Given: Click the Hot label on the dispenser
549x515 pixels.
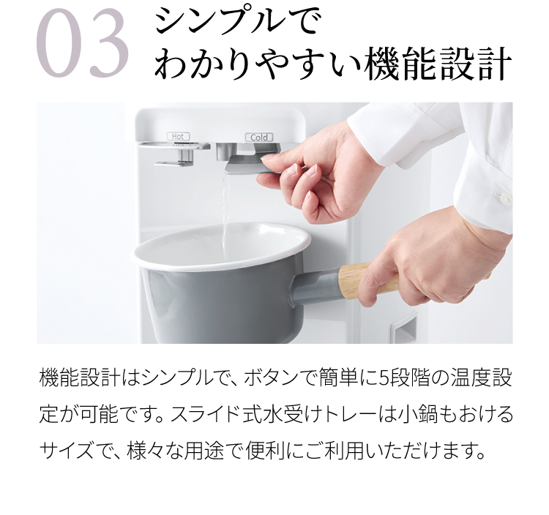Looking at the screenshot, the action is coord(178,136).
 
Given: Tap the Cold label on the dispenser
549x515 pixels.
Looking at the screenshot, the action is coord(258,137).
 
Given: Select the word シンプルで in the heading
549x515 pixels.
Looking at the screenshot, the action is coord(235,21).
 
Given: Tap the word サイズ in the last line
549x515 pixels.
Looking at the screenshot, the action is coord(66,451).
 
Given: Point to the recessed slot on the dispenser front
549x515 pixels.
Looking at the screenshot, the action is coord(403,326).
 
